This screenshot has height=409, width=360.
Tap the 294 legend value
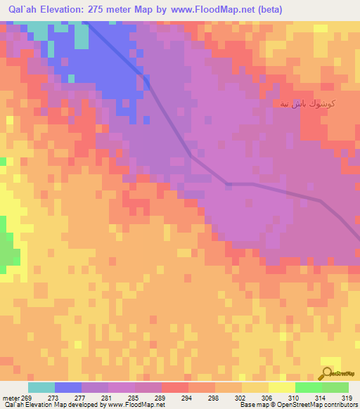[188, 398]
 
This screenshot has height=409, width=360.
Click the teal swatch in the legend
[41, 387]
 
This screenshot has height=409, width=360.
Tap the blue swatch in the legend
[68, 387]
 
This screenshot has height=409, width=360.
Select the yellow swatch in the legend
[281, 387]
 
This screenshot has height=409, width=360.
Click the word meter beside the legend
[11, 398]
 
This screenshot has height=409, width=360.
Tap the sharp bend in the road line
[227, 184]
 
